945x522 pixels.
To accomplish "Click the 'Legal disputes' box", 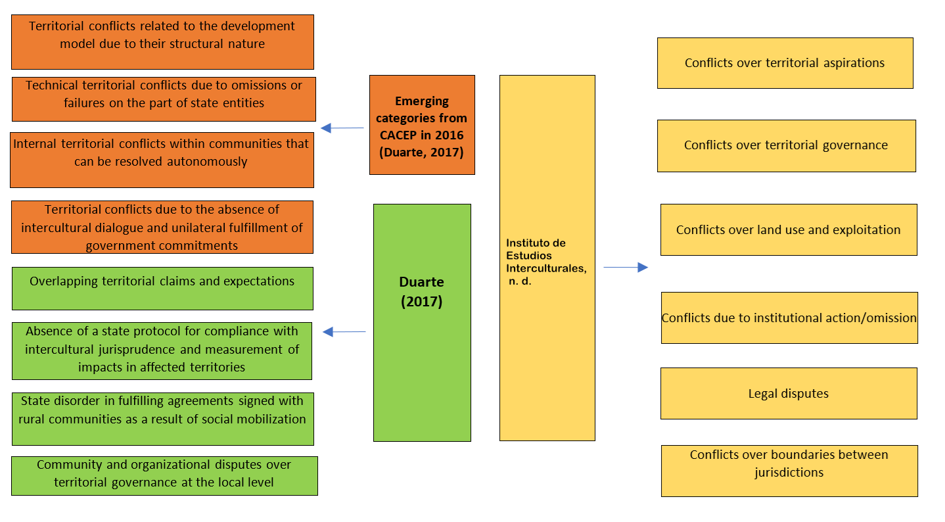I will (x=788, y=393).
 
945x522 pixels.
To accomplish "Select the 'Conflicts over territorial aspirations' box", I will (x=785, y=63).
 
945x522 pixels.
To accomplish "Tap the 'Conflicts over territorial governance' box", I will (x=786, y=145).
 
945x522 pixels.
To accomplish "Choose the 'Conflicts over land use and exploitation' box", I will (x=788, y=229).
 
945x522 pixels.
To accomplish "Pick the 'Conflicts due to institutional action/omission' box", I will (x=789, y=318).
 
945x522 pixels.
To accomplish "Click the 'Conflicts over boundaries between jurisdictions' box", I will (x=789, y=470).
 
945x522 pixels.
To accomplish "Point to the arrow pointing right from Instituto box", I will (x=625, y=267).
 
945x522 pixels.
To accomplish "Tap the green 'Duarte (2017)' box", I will (x=422, y=322).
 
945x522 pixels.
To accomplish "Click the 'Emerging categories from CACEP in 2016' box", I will (x=422, y=125).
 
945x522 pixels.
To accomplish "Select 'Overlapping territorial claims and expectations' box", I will (x=162, y=288).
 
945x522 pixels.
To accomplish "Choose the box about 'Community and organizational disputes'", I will (x=164, y=475).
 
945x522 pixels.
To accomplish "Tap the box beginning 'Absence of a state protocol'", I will (x=162, y=350).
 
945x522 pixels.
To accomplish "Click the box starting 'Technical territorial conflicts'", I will (x=164, y=99).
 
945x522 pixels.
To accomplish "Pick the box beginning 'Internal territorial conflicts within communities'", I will (x=162, y=160).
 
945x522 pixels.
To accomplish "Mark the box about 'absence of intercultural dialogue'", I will (x=162, y=227).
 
